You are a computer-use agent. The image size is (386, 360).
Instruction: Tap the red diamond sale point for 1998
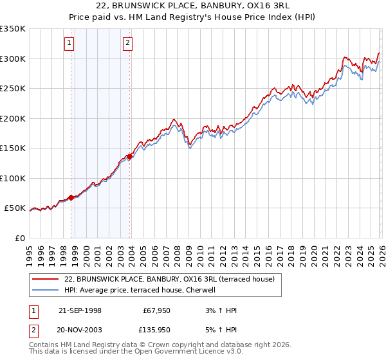click(71, 197)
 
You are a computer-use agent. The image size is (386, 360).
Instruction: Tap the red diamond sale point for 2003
click(130, 156)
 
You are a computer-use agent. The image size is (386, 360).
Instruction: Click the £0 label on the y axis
click(20, 238)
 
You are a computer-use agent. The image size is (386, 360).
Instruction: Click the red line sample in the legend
click(46, 279)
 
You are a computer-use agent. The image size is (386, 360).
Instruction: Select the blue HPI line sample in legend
click(46, 290)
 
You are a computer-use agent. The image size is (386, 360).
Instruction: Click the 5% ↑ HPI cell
click(222, 330)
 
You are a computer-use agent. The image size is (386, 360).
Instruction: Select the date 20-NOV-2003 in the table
click(78, 330)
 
